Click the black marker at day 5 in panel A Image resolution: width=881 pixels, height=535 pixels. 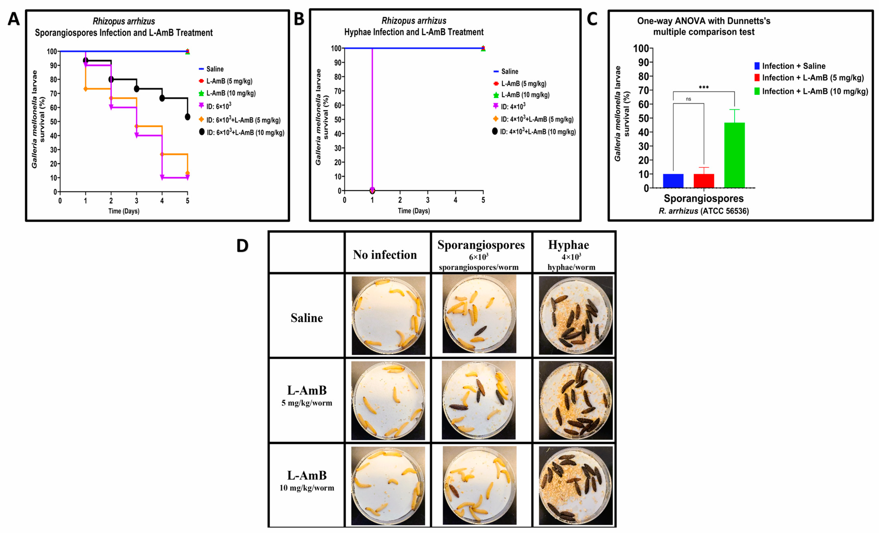[x=187, y=117]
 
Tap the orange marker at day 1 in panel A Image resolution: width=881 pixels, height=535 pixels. [x=85, y=89]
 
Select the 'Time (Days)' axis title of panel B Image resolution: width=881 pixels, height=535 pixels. [x=414, y=211]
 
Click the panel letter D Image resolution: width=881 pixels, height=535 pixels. [x=242, y=246]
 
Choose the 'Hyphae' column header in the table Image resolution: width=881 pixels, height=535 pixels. [x=568, y=245]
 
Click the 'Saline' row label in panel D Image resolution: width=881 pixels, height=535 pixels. [x=306, y=318]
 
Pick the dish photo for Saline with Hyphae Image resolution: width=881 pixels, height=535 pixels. [x=575, y=316]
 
